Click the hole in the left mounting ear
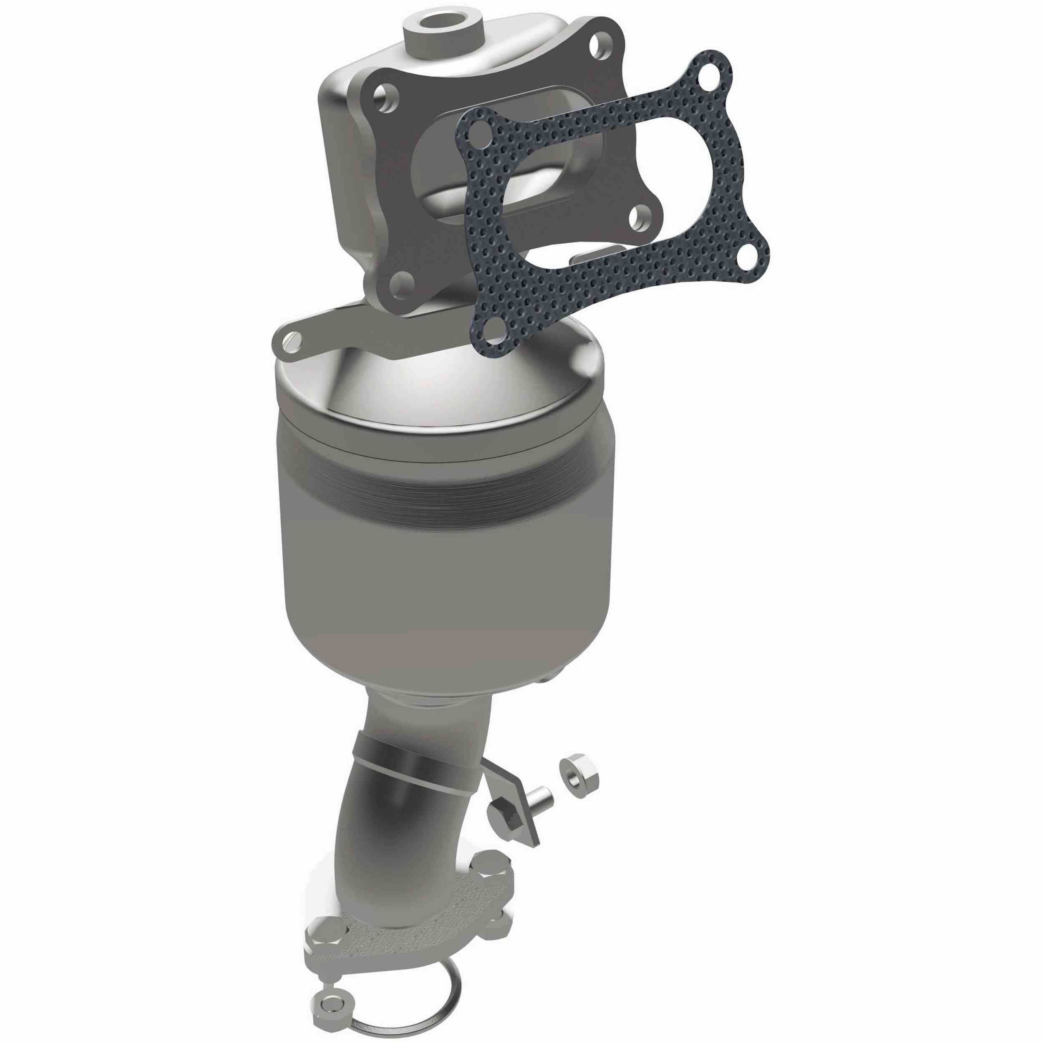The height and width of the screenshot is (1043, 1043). pyautogui.click(x=294, y=340)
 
